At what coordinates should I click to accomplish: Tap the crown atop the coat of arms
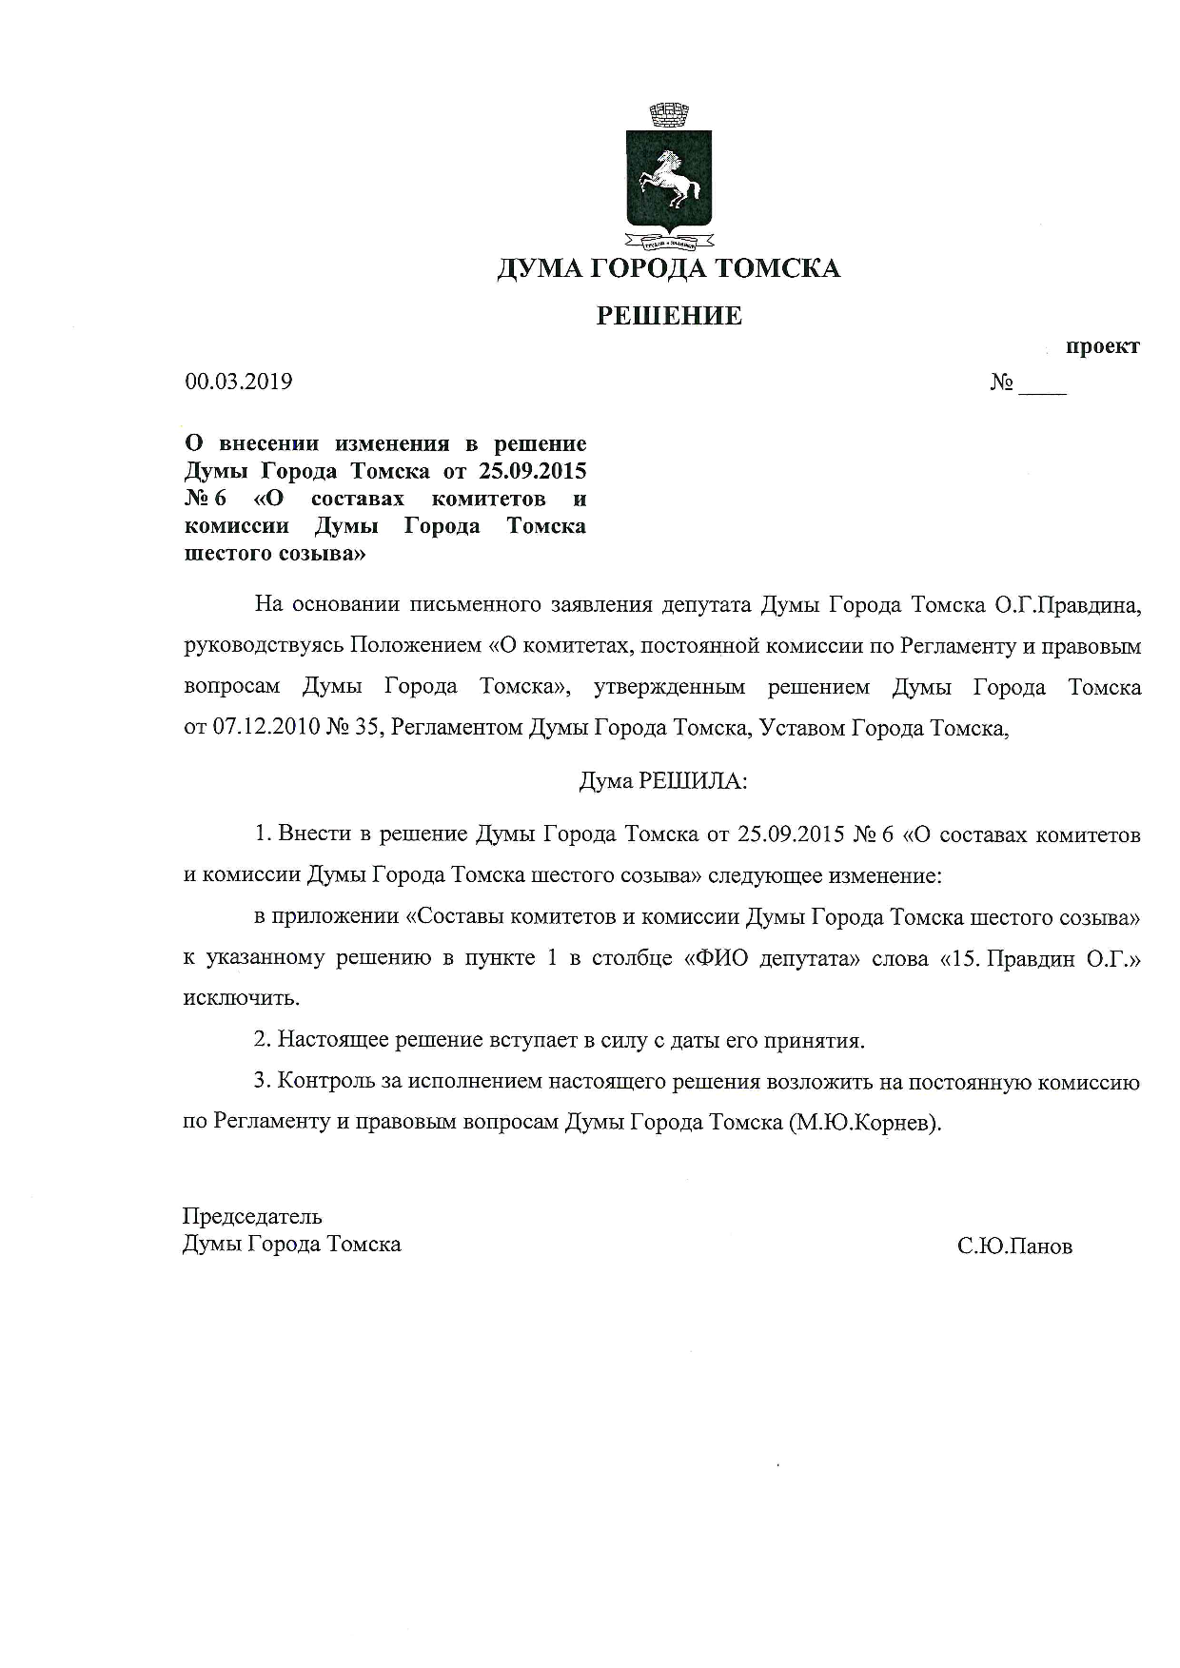coord(668,115)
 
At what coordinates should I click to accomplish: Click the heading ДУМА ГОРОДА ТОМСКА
coord(668,269)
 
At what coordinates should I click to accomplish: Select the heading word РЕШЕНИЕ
coord(668,316)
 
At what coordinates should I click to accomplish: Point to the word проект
coord(1102,346)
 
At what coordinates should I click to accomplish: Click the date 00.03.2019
coord(239,382)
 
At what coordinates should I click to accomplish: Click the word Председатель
coord(252,1216)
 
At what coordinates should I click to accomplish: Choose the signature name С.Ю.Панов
coord(1015,1246)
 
